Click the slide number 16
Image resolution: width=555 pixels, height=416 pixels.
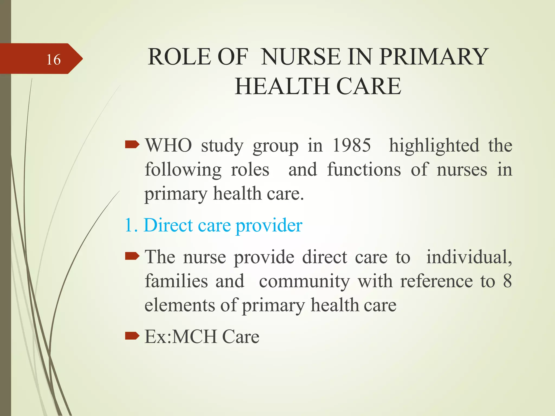pyautogui.click(x=53, y=60)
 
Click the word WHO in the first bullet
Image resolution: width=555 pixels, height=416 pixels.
pyautogui.click(x=169, y=145)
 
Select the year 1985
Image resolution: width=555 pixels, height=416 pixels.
pyautogui.click(x=351, y=145)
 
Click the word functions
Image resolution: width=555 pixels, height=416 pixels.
pyautogui.click(x=364, y=170)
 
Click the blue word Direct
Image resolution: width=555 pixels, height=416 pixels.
pyautogui.click(x=168, y=225)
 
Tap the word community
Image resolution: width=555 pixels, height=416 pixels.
pyautogui.click(x=304, y=282)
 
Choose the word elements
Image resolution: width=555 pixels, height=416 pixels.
pyautogui.click(x=179, y=305)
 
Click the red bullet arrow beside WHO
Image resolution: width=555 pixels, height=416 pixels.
pyautogui.click(x=132, y=145)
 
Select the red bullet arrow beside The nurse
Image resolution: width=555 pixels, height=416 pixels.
pyautogui.click(x=132, y=256)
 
